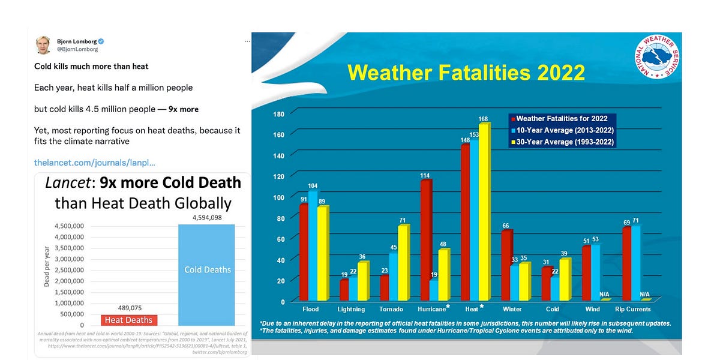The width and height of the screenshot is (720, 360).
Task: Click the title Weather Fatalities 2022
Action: [x=466, y=73]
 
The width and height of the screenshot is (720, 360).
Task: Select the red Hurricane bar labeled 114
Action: [x=426, y=240]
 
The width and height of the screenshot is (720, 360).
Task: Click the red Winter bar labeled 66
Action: [x=505, y=265]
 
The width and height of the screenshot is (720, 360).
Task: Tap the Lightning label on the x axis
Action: [x=351, y=309]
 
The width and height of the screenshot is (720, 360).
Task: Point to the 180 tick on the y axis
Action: [x=278, y=114]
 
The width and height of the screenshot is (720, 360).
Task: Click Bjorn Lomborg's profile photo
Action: [x=43, y=45]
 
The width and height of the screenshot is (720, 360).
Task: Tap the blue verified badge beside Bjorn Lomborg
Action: [x=102, y=41]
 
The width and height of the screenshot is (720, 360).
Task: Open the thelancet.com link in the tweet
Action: [x=95, y=163]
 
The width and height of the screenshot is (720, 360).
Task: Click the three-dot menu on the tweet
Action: [x=247, y=41]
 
